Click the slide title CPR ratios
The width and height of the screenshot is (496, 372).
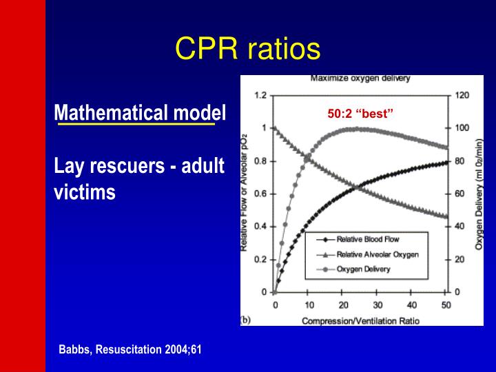click(247, 49)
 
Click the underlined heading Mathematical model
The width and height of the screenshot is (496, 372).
click(140, 112)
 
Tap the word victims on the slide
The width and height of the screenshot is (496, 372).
click(84, 192)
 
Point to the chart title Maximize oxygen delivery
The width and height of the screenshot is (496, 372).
click(360, 79)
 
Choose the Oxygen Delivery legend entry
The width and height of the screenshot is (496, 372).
click(363, 269)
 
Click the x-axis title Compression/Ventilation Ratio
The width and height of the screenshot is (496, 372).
click(360, 320)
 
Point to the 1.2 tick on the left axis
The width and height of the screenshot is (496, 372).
click(260, 95)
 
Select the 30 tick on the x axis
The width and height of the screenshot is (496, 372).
click(378, 305)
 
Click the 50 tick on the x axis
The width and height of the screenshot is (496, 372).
click(446, 305)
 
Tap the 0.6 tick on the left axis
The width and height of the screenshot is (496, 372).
click(260, 194)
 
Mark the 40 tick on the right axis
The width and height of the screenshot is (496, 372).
click(459, 227)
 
